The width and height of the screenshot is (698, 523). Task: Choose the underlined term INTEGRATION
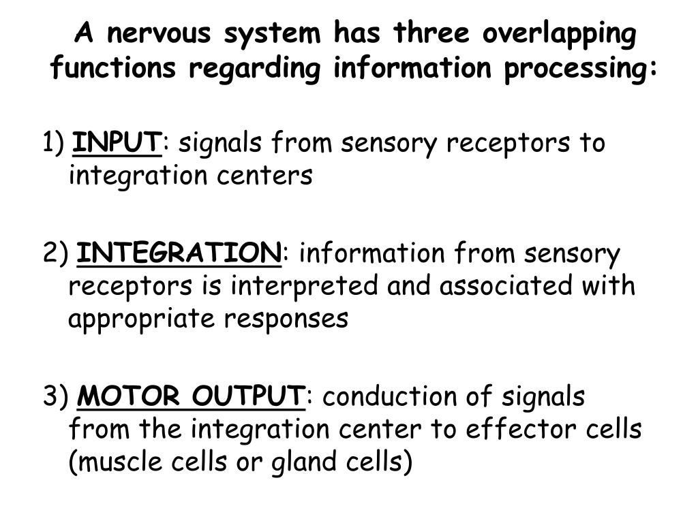tap(179, 254)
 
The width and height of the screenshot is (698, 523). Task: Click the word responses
tap(286, 319)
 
